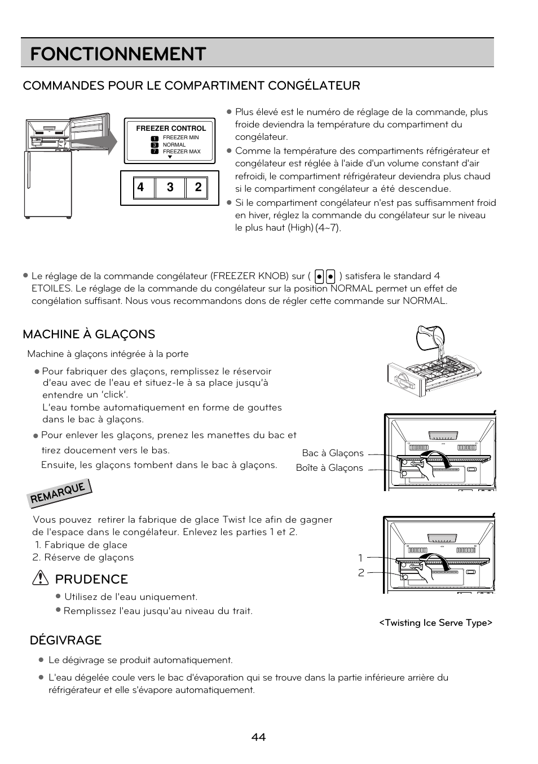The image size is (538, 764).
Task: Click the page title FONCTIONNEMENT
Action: coord(118,54)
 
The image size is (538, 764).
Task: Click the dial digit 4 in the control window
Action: coord(140,187)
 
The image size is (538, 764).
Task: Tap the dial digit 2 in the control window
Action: coord(198,187)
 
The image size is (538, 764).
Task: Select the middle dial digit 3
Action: coord(170,187)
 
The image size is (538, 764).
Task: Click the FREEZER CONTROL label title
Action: coord(171,129)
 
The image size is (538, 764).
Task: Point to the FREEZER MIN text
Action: coord(180,138)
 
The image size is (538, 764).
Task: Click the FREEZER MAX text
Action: coord(182,152)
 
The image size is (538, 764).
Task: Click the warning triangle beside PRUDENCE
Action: coord(40,578)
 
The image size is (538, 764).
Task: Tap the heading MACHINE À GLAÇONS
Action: coord(89,334)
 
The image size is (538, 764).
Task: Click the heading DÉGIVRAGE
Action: coord(65,640)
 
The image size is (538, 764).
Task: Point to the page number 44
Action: coord(259,737)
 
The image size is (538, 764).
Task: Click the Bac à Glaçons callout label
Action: coord(333,453)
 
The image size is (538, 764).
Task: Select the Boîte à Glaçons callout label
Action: coord(329,468)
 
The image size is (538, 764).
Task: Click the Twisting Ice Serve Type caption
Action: coord(435,622)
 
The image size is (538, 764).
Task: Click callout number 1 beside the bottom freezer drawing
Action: coord(360,558)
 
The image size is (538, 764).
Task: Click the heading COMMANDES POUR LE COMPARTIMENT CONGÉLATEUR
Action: coord(191,86)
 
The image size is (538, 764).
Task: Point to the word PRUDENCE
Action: coord(91,579)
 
